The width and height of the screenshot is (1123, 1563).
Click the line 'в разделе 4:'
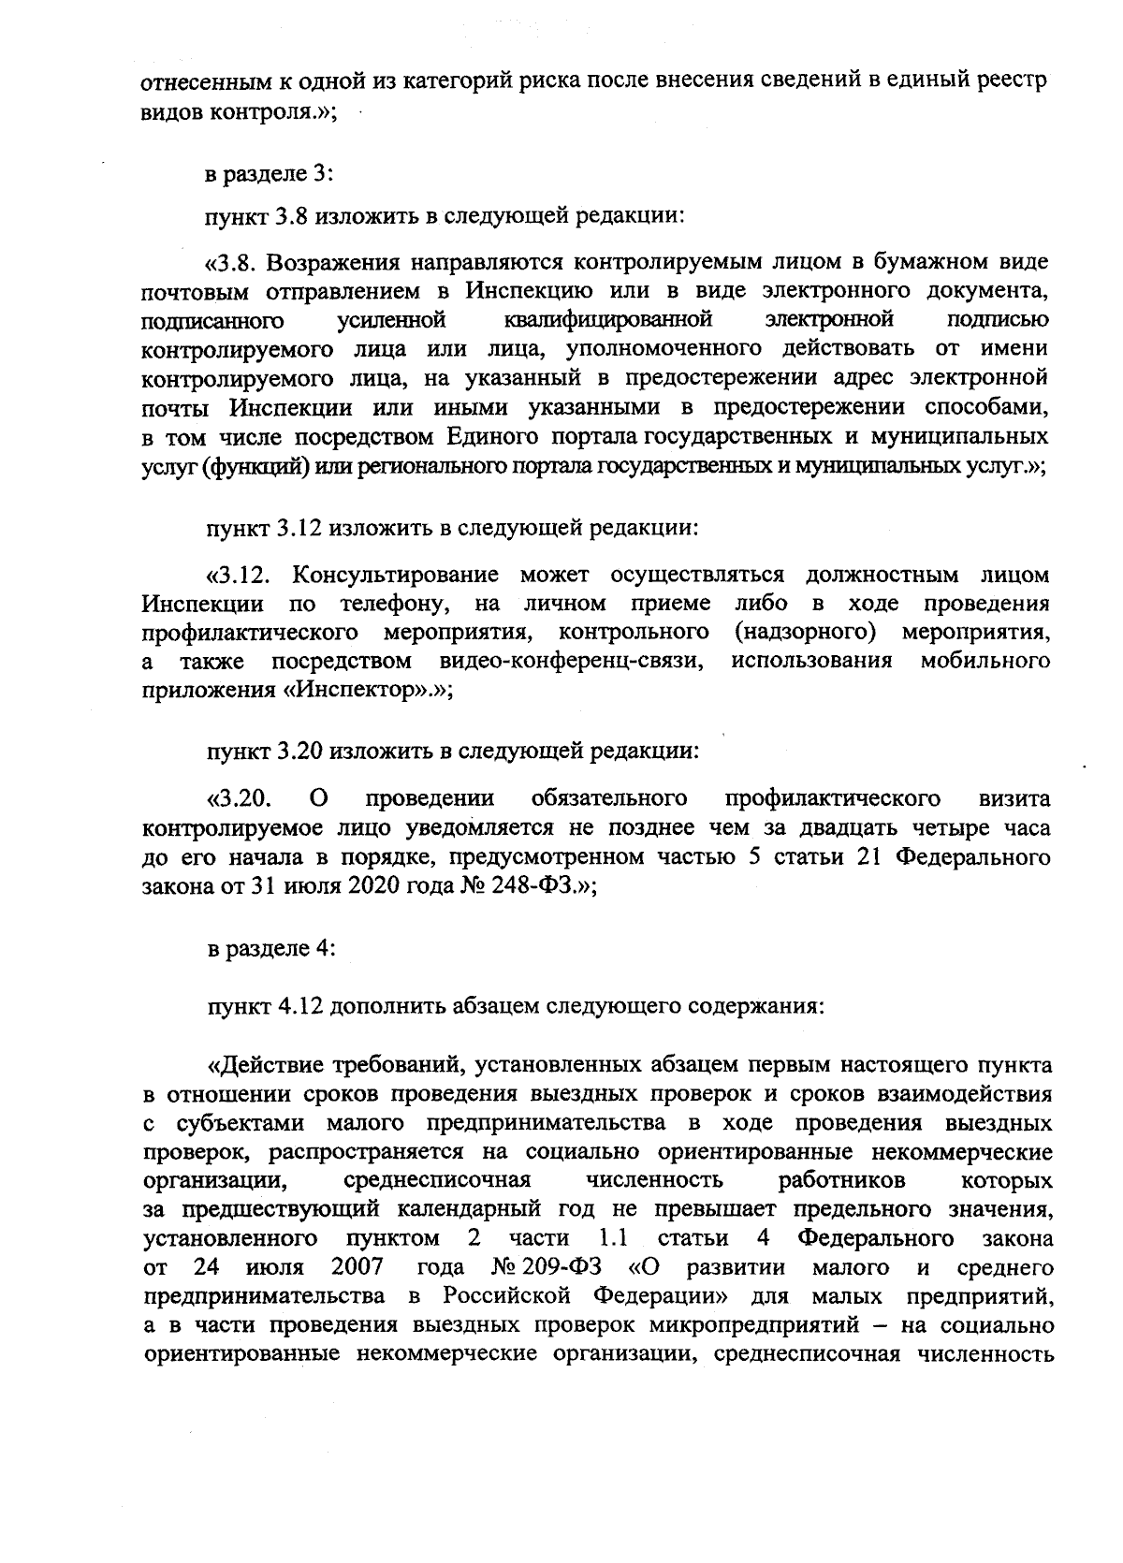(270, 948)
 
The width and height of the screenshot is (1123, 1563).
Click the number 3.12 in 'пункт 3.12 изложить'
(300, 528)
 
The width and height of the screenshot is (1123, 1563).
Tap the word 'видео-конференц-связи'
(572, 662)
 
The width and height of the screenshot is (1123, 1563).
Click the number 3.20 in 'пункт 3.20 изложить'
(300, 752)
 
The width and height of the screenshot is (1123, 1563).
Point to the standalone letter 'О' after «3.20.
(318, 798)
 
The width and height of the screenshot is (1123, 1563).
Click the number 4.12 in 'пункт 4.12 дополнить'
(300, 1007)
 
